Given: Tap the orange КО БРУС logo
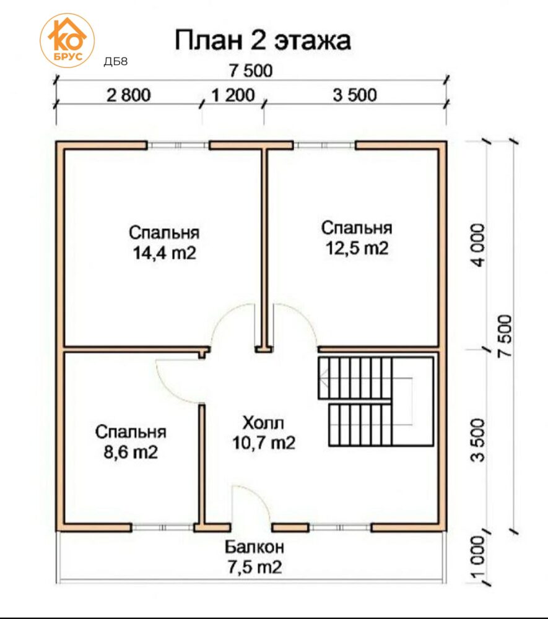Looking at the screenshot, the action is (x=67, y=41).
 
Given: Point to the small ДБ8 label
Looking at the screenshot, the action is (x=115, y=61).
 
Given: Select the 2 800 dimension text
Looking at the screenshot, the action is (x=129, y=95).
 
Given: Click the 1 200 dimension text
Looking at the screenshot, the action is (x=233, y=95).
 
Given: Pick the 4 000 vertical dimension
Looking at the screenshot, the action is (x=478, y=246).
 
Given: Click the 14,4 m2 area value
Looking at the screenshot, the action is (x=164, y=253).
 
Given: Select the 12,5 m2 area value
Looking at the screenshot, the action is (x=357, y=248).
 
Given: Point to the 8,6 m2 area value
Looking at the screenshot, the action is (x=131, y=452).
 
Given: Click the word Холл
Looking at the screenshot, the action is (x=263, y=423).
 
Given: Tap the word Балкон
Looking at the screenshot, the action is (x=254, y=547).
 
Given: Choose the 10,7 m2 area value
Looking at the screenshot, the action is (x=264, y=443).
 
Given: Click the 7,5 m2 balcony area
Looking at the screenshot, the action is (x=254, y=567).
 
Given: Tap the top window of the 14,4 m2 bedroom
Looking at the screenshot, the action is (x=178, y=145).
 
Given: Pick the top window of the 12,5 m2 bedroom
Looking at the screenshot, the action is (x=324, y=145).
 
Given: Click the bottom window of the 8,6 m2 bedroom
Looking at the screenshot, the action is (x=163, y=527).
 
